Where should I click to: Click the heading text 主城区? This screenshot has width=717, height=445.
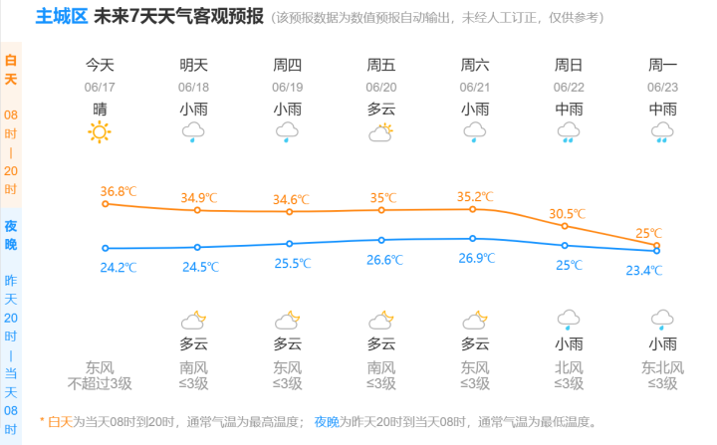coord(61,17)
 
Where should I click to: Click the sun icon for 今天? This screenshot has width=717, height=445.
coord(100,131)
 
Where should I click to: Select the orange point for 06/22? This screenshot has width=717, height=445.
coord(565,226)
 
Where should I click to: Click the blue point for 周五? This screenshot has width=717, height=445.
coord(381,240)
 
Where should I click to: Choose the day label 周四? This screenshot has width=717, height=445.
coord(288,65)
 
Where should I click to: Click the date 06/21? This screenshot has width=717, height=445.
coord(475,87)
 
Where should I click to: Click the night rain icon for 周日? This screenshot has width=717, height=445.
coord(569,320)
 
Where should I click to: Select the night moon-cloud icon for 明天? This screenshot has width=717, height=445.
coord(193,320)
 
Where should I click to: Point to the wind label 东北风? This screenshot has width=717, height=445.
coord(662,367)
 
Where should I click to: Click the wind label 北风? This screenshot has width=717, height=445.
coord(569,367)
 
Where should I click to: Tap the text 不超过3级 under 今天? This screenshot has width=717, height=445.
coord(100,383)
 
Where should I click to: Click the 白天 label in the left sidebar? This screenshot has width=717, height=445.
coord(11,70)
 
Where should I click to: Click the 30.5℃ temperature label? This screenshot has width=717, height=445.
coord(568,213)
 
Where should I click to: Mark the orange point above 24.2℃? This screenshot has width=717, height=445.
coord(105,204)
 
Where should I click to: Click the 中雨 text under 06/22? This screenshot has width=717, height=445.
coord(569,109)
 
